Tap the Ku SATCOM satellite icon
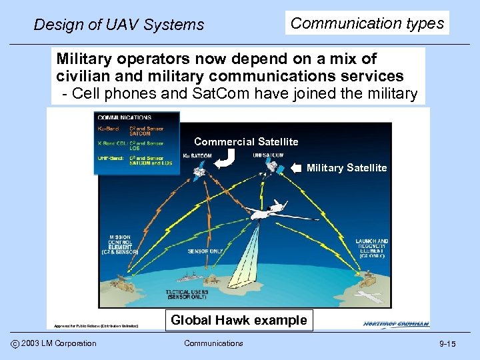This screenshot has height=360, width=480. click(198, 172)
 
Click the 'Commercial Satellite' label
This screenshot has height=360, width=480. click(246, 141)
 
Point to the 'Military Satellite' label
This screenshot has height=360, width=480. click(346, 168)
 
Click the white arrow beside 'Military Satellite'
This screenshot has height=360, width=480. click(297, 168)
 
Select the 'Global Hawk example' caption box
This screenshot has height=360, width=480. click(239, 320)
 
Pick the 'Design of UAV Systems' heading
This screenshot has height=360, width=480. click(119, 25)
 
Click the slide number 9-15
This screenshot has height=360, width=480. click(447, 344)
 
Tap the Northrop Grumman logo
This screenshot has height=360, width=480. click(396, 324)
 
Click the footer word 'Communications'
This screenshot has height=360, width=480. click(213, 343)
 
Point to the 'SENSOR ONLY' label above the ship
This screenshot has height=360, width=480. click(205, 253)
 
